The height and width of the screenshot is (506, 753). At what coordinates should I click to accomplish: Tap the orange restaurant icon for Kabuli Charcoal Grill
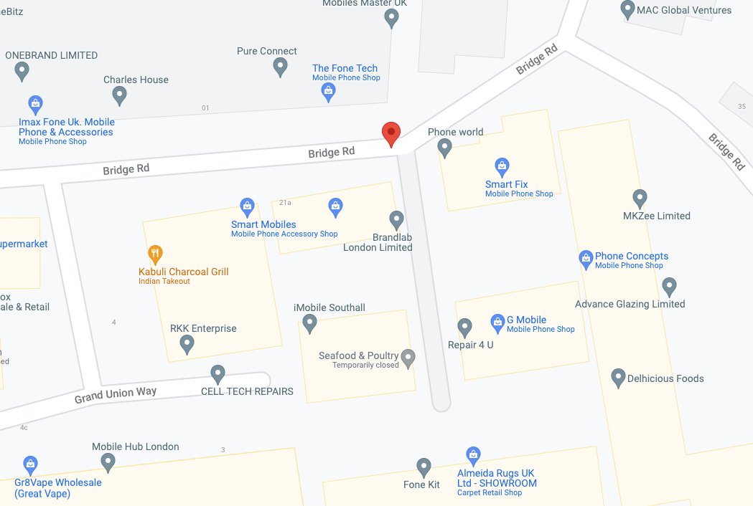pyautogui.click(x=154, y=253)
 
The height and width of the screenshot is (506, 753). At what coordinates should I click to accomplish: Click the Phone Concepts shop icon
pyautogui.click(x=586, y=257)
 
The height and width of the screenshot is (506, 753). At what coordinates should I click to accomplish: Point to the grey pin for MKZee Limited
pyautogui.click(x=640, y=198)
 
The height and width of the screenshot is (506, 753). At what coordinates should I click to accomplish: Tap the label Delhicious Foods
pyautogui.click(x=665, y=378)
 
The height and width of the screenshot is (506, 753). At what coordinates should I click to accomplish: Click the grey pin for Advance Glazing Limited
pyautogui.click(x=669, y=286)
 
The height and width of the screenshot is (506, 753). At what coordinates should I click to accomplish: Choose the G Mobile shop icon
pyautogui.click(x=497, y=320)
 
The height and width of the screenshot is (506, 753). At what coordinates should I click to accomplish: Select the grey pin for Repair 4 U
pyautogui.click(x=464, y=327)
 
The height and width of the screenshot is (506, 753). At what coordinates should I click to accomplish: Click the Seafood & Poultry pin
pyautogui.click(x=408, y=357)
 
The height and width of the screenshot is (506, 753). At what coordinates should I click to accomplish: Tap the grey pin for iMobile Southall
pyautogui.click(x=309, y=323)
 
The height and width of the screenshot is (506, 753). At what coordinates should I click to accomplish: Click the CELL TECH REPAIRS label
pyautogui.click(x=247, y=391)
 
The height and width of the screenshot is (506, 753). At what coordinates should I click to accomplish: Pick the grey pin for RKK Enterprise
pyautogui.click(x=187, y=344)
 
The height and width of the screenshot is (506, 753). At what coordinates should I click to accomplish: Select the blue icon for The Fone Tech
pyautogui.click(x=328, y=90)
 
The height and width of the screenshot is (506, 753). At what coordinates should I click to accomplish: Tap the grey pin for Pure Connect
pyautogui.click(x=281, y=67)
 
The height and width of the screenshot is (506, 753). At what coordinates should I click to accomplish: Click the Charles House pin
pyautogui.click(x=120, y=95)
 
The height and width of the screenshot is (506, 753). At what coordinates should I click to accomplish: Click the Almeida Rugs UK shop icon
pyautogui.click(x=472, y=454)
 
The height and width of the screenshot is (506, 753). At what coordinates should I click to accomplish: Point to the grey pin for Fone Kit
pyautogui.click(x=424, y=466)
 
